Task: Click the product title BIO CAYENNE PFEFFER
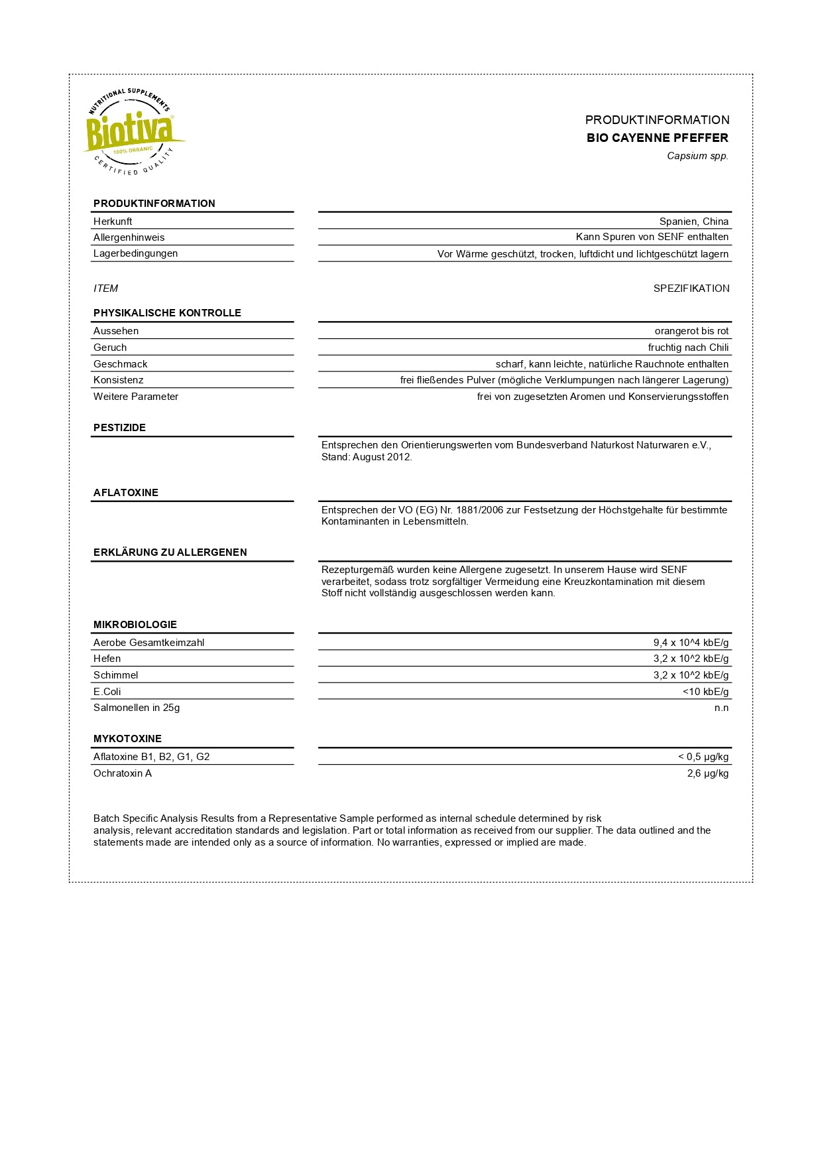(657, 138)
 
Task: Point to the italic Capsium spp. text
(697, 156)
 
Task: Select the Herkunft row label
(113, 222)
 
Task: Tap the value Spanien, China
(693, 222)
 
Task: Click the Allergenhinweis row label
(129, 237)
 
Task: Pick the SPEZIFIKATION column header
(691, 289)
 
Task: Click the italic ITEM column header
(105, 289)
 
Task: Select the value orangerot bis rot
(691, 331)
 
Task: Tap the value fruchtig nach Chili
(688, 348)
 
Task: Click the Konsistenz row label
(118, 380)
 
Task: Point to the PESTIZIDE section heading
(119, 428)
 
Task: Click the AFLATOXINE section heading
(126, 493)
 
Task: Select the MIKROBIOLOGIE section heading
(135, 625)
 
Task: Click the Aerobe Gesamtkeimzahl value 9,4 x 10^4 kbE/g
(691, 643)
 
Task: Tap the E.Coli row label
(107, 692)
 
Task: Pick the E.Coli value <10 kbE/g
(705, 692)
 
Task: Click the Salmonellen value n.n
(721, 708)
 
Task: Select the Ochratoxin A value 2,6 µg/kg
(707, 773)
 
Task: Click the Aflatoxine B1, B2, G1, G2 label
(151, 757)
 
